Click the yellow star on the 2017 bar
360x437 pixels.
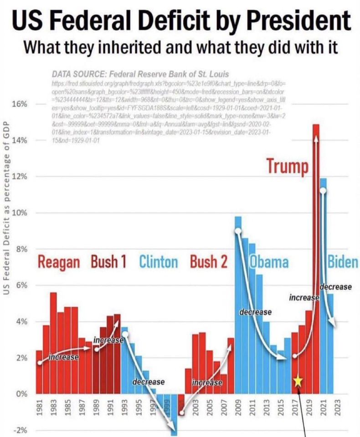[298, 381]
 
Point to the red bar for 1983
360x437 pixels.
[53, 341]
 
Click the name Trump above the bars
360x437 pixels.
[287, 166]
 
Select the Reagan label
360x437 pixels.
[59, 263]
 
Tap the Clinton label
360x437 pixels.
[158, 263]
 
